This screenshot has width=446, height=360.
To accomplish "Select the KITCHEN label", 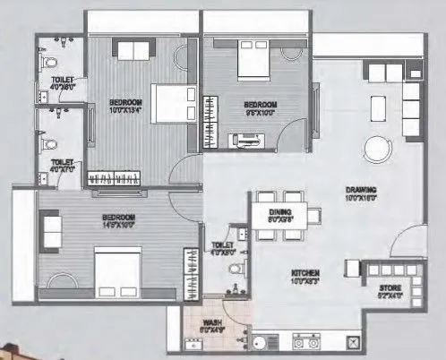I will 305,270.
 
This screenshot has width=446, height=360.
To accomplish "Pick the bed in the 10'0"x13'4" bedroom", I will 171,103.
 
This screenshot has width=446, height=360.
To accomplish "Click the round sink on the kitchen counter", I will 259,341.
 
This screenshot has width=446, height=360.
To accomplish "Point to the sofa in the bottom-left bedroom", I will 48,224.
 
